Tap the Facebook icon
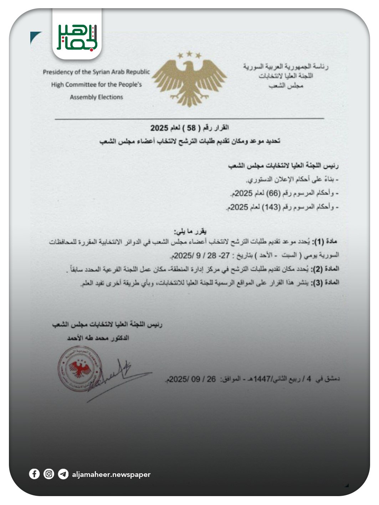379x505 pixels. tap(34, 474)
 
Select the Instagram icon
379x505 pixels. tap(49, 474)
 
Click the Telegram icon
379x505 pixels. tap(63, 474)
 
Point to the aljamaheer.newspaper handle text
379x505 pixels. tap(111, 474)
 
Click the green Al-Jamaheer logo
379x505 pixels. tap(77, 37)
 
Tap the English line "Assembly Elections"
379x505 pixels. tap(96, 97)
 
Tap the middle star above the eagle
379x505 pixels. tap(189, 54)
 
